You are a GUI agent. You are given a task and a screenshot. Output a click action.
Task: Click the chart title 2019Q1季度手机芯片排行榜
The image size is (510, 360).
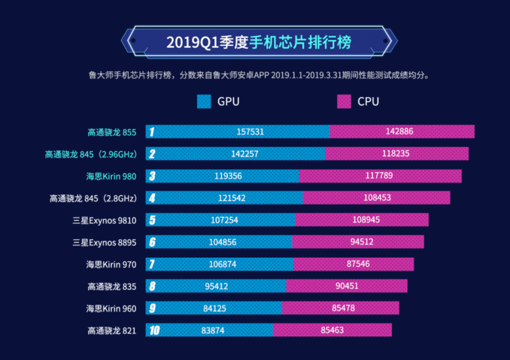click(x=258, y=42)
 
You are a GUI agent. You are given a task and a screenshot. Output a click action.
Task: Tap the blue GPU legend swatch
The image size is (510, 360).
click(x=204, y=102)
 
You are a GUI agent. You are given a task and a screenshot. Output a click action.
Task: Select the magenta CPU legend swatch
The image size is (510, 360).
click(x=343, y=102)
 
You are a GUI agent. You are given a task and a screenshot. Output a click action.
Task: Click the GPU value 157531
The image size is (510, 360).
click(x=250, y=132)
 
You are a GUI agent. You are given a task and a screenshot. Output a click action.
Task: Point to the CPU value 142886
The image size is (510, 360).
click(x=399, y=132)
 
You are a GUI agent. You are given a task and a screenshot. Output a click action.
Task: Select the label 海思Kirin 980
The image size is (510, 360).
click(x=111, y=176)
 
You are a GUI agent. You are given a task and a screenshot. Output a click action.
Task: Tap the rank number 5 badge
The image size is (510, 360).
click(x=153, y=220)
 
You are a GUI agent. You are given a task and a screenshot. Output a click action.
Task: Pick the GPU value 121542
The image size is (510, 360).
click(x=232, y=198)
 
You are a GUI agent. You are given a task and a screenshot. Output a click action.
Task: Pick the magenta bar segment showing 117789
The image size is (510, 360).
click(x=380, y=176)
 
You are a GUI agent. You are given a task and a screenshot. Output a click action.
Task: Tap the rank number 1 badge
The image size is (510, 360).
click(x=152, y=132)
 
